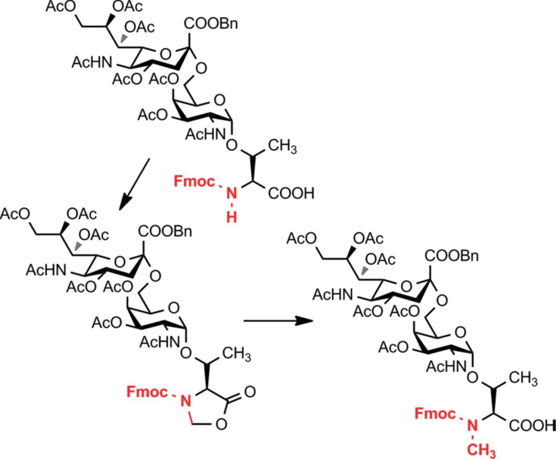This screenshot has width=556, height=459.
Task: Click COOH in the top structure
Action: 291,194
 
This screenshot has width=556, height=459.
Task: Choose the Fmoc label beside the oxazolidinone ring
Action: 147,392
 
